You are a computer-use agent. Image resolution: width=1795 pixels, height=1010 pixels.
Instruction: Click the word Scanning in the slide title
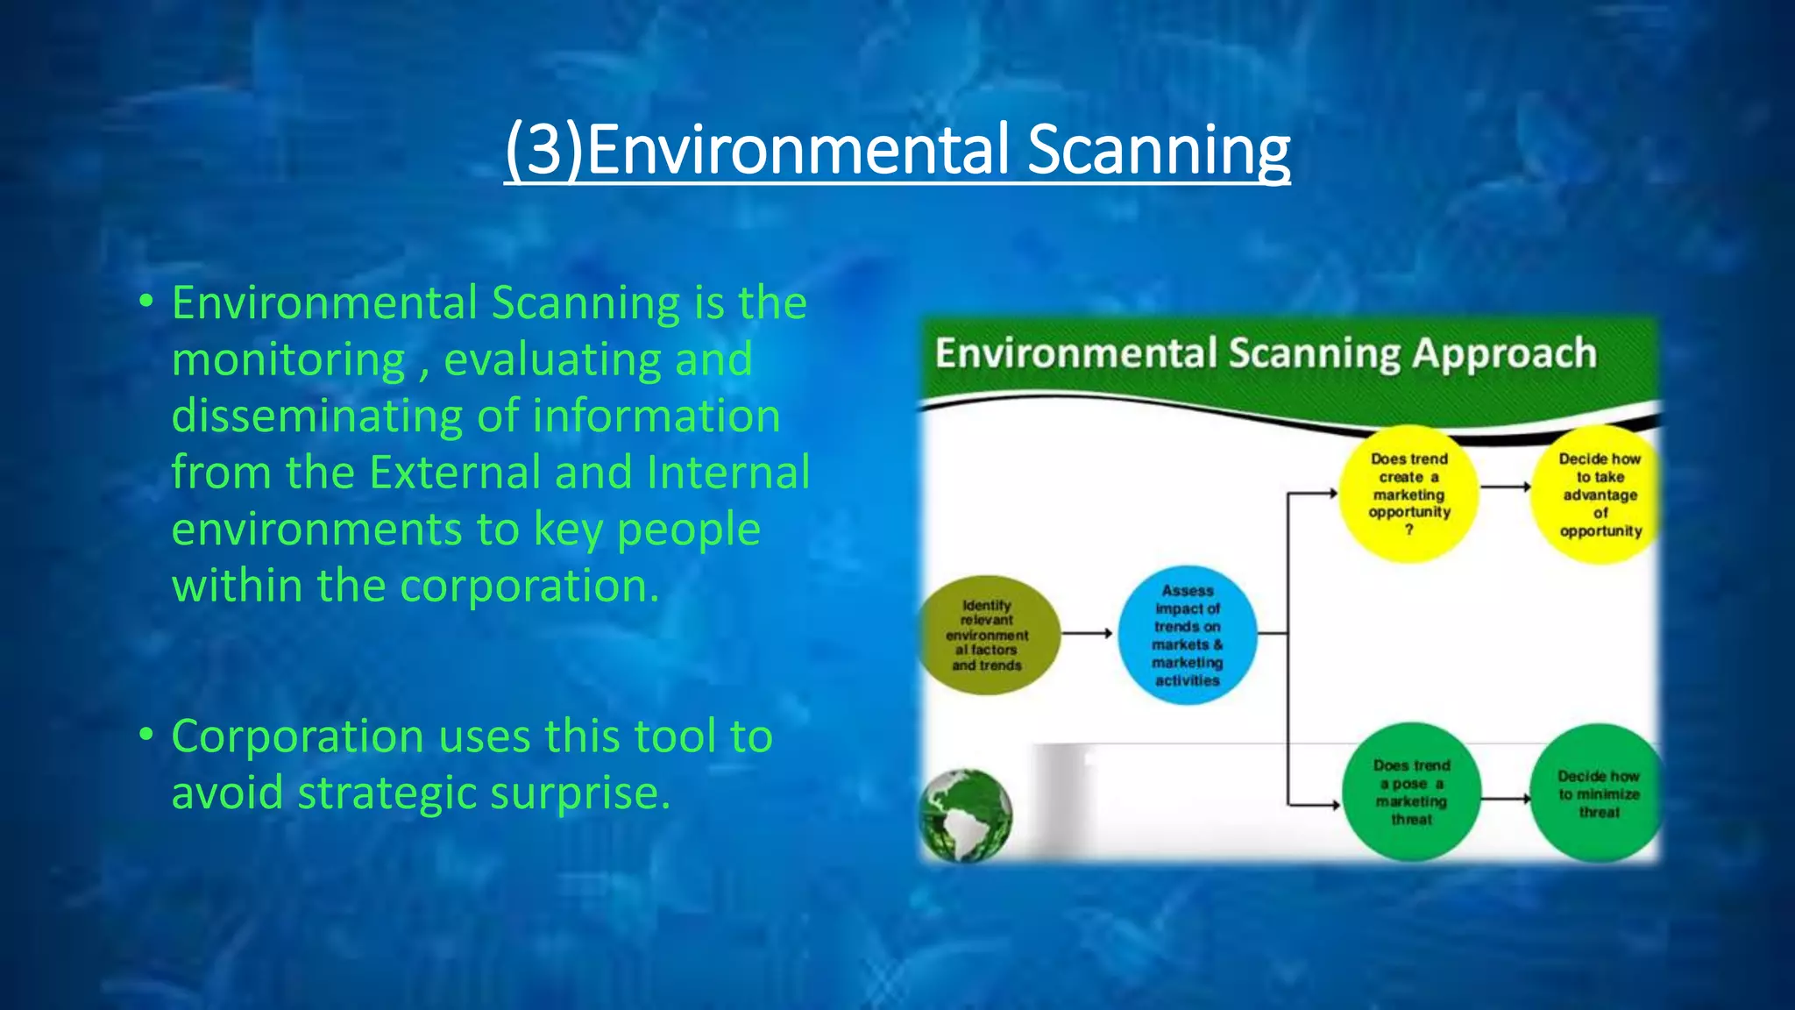[x=1158, y=151]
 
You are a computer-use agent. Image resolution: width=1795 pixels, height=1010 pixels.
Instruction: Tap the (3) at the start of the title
[x=543, y=151]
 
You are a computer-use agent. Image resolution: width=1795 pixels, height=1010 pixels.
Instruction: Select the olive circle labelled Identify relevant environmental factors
[x=989, y=636]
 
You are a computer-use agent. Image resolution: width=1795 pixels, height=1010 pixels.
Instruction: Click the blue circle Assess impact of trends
[x=1188, y=636]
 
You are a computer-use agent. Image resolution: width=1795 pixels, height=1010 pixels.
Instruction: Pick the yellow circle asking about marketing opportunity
[x=1409, y=494]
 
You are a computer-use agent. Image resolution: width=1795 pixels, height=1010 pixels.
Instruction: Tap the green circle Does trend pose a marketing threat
[x=1411, y=793]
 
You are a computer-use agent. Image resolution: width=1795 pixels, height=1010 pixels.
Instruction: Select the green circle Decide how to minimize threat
[x=1597, y=793]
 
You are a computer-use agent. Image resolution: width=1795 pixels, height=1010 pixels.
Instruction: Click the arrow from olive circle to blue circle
[x=1088, y=633]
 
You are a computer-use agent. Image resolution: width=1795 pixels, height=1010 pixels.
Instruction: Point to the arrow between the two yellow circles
[x=1506, y=487]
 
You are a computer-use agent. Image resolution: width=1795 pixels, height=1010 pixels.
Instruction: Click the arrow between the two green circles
[x=1506, y=799]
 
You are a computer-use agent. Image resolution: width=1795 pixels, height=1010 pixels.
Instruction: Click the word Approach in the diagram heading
[x=1504, y=354]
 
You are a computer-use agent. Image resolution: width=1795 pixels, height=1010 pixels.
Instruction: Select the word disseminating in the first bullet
[x=316, y=416]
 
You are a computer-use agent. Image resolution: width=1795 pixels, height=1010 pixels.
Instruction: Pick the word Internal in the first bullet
[x=728, y=473]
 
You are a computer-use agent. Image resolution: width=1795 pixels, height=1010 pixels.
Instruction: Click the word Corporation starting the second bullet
[x=297, y=736]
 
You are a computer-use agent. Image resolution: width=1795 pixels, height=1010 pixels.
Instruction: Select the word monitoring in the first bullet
[x=288, y=360]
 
